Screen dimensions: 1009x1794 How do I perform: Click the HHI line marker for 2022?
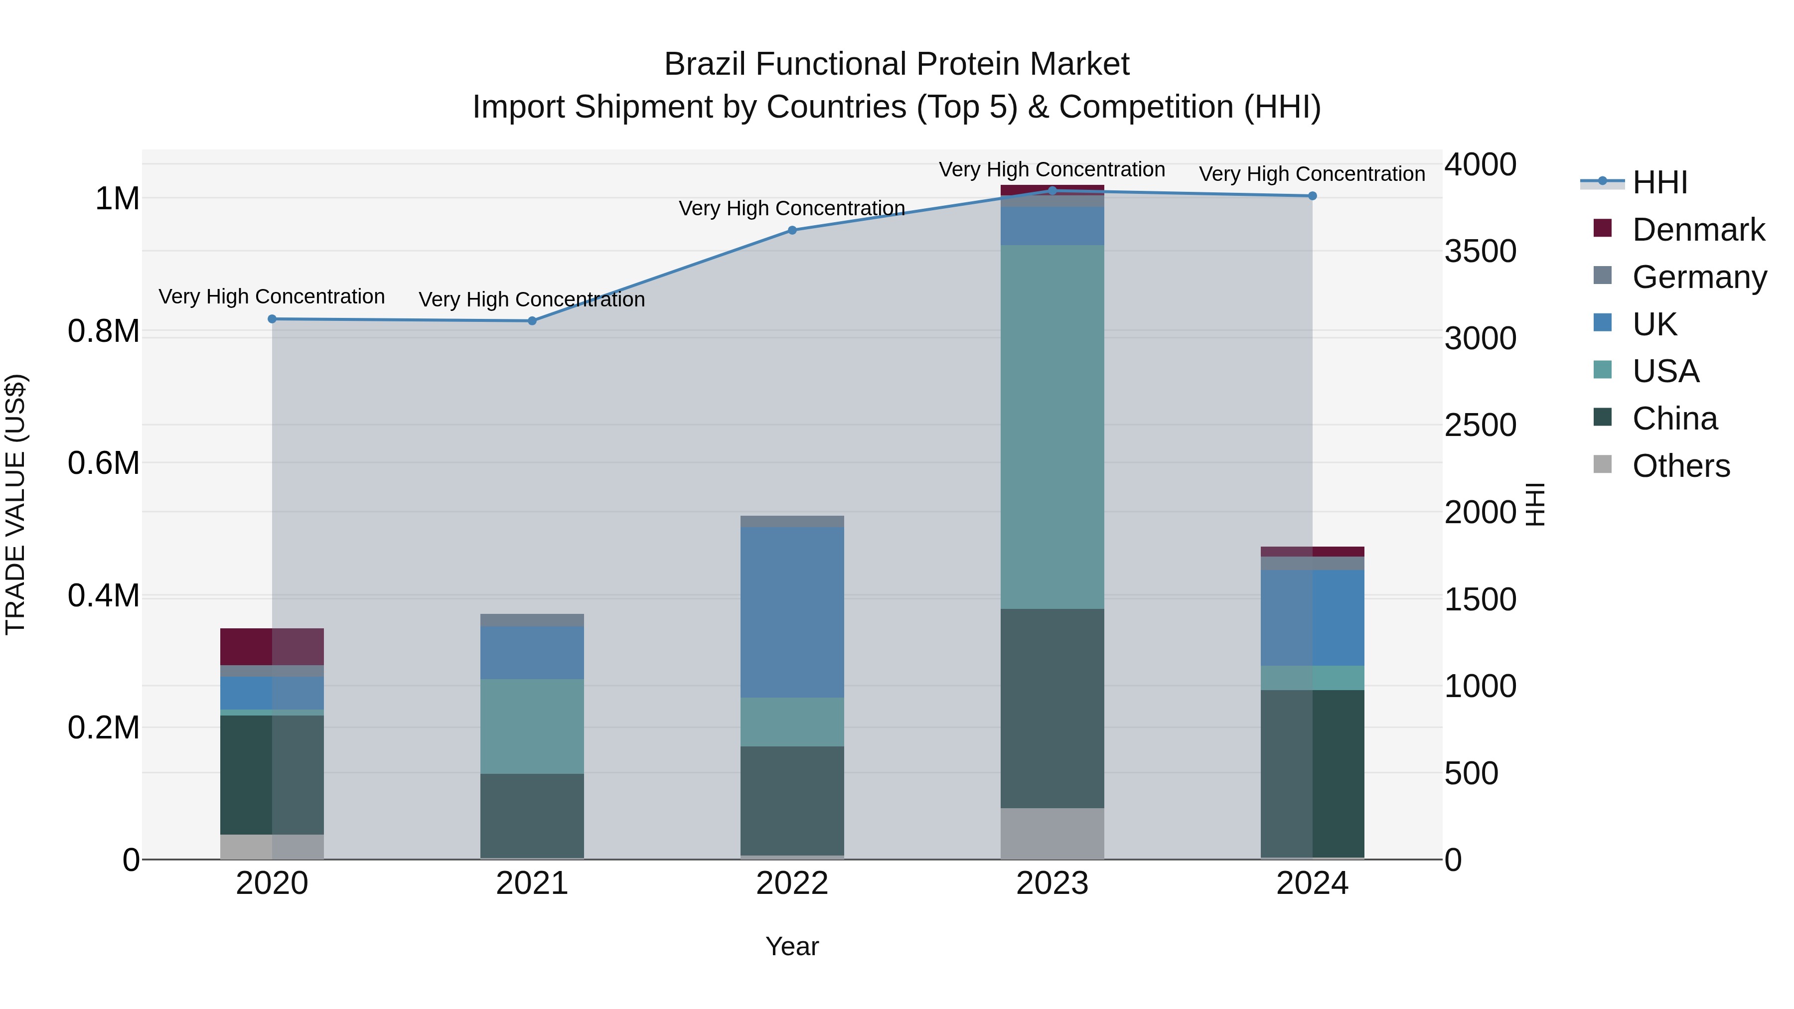pyautogui.click(x=792, y=231)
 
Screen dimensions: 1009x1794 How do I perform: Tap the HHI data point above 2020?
pyautogui.click(x=272, y=319)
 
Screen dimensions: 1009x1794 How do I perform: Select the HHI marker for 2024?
pyautogui.click(x=1312, y=196)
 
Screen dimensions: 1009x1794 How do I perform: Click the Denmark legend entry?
pyautogui.click(x=1697, y=230)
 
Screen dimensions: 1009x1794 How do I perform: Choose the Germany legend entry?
pyautogui.click(x=1699, y=277)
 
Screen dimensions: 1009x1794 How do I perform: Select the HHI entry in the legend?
pyautogui.click(x=1659, y=182)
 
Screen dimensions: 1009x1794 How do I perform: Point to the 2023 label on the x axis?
pyautogui.click(x=1051, y=883)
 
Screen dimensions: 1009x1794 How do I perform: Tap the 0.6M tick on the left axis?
pyautogui.click(x=104, y=463)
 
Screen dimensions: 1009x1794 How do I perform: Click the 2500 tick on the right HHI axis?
pyautogui.click(x=1480, y=426)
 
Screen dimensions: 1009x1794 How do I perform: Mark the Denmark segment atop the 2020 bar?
pyautogui.click(x=272, y=646)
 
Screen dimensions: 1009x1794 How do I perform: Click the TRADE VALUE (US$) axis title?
pyautogui.click(x=16, y=504)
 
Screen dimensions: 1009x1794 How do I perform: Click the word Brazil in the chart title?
pyautogui.click(x=705, y=64)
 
